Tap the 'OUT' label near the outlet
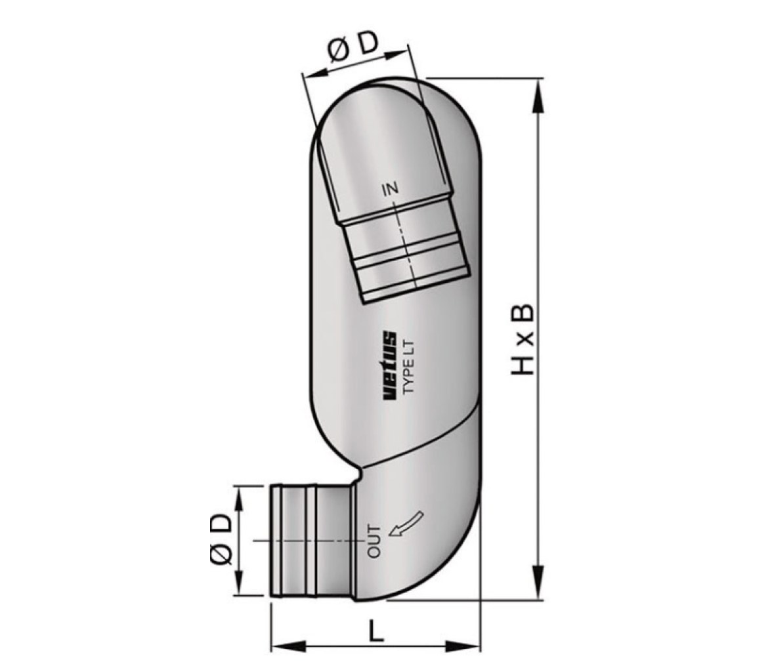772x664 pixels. pyautogui.click(x=375, y=541)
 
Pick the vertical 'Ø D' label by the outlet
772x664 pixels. pyautogui.click(x=220, y=541)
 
